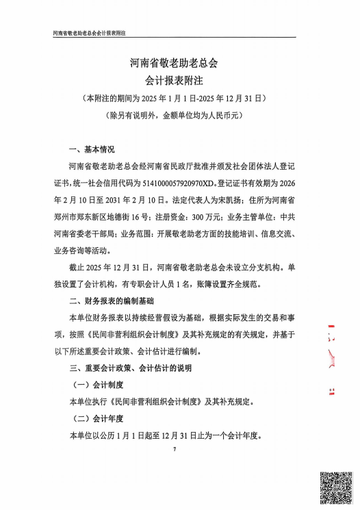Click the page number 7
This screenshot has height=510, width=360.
tap(175, 449)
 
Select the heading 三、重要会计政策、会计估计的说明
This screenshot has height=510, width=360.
tap(132, 368)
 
